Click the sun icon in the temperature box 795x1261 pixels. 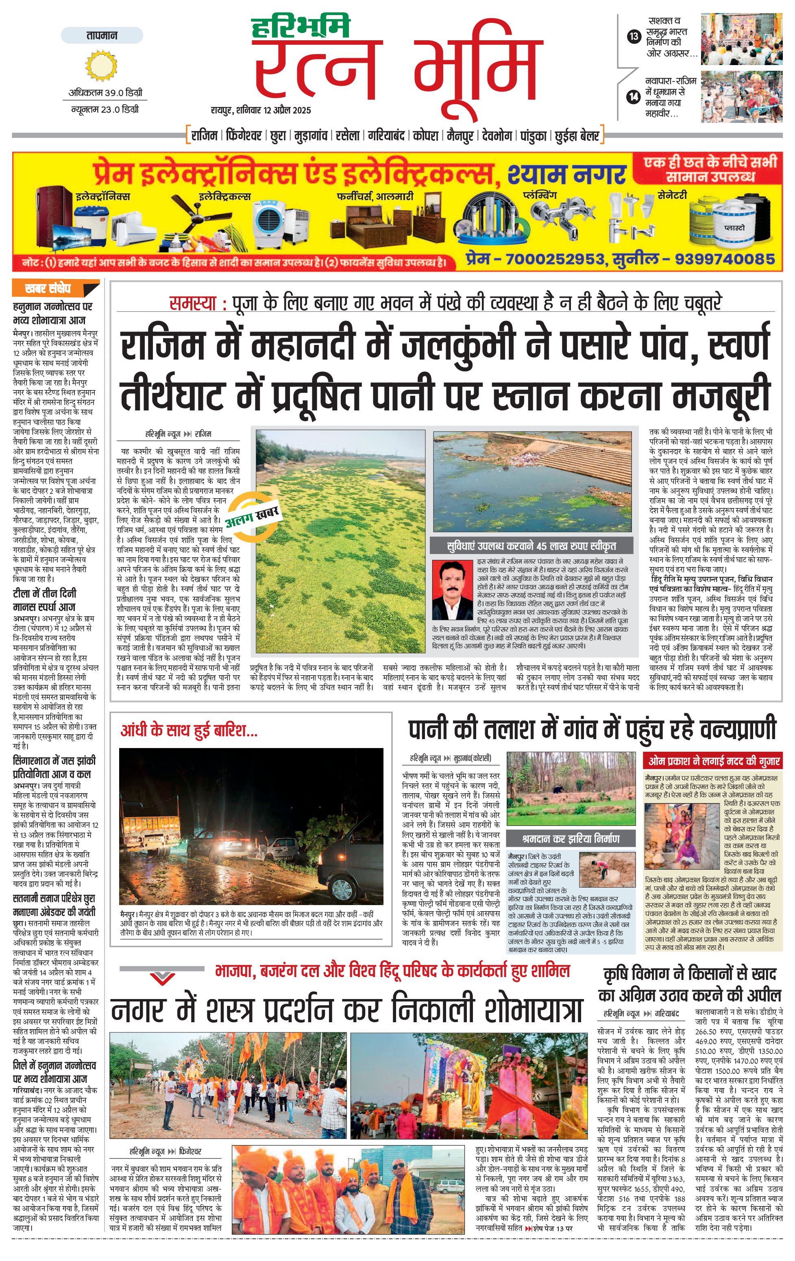[98, 66]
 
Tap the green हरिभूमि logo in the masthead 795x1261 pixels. [301, 28]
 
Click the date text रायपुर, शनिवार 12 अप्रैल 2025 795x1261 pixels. [261, 110]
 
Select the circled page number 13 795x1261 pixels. [634, 37]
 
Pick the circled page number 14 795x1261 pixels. [634, 96]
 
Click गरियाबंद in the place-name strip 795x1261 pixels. [386, 135]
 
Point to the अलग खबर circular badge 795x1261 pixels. [253, 515]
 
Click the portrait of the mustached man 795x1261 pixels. [453, 590]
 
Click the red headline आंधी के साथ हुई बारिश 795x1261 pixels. [189, 731]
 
